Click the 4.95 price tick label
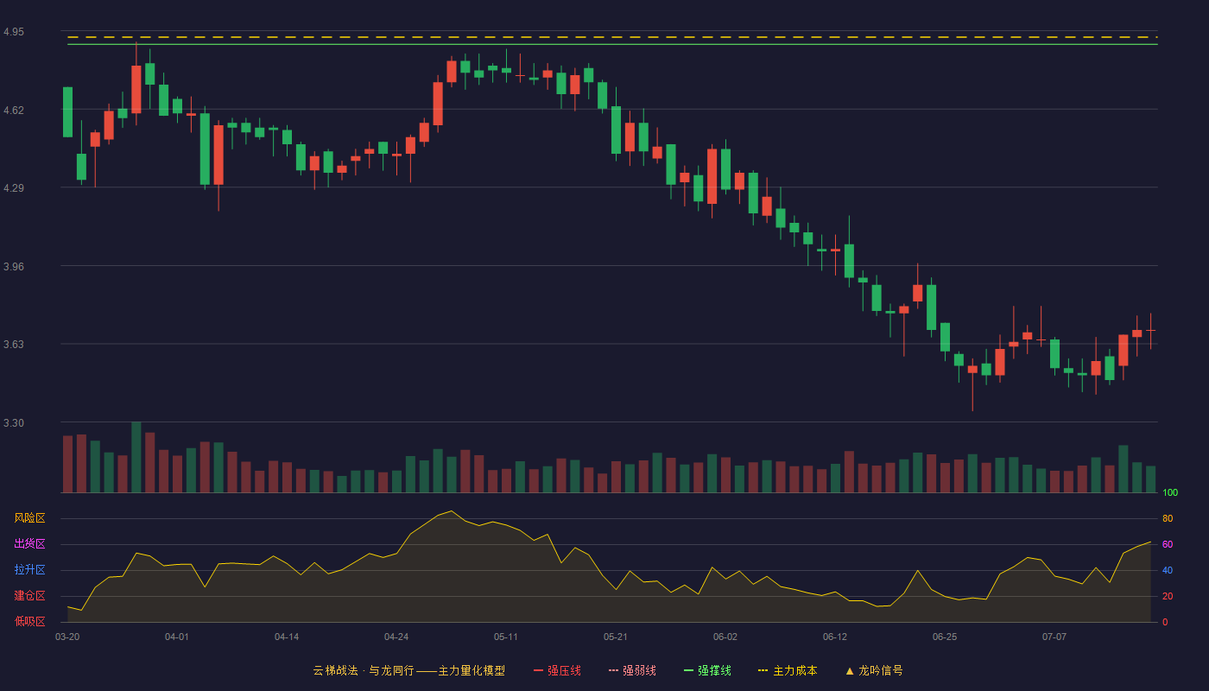14,32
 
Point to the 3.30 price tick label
14,422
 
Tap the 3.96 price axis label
14,266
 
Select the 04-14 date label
287,637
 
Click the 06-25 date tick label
945,637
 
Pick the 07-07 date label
1054,637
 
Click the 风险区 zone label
29,518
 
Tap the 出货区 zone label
29,543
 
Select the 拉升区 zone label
29,569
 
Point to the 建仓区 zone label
29,595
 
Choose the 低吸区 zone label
29,621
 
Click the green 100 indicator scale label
1170,492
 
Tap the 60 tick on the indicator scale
1168,544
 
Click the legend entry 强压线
557,670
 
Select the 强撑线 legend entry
707,670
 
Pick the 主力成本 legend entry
788,670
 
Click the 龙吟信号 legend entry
874,670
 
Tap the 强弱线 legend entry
632,670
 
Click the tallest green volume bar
136,457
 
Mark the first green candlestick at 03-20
67,111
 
